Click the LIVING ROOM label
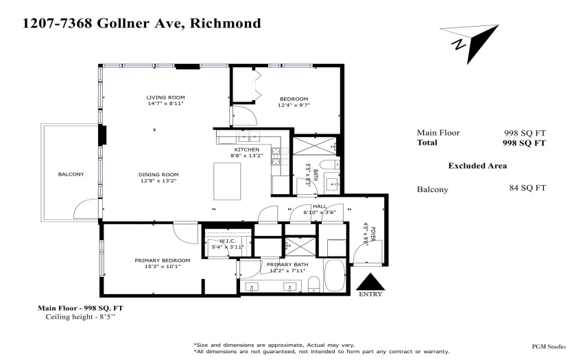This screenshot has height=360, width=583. click(x=165, y=97)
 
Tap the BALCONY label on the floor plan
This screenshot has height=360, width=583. click(x=71, y=174)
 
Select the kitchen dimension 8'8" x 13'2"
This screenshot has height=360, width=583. click(x=247, y=156)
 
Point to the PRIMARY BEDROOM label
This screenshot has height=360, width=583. click(x=163, y=261)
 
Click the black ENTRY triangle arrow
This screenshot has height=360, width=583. click(x=370, y=282)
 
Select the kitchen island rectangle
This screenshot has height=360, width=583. click(x=227, y=181)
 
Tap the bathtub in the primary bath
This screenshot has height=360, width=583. click(x=335, y=275)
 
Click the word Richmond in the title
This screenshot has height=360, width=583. click(x=226, y=23)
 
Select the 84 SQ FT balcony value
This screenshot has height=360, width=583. click(x=527, y=188)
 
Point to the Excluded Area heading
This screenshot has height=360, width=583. click(x=477, y=166)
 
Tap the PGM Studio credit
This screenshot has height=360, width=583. click(x=549, y=346)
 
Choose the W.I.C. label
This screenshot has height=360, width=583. click(x=228, y=241)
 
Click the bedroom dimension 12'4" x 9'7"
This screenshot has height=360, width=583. click(x=294, y=105)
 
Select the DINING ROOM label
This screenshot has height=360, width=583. click(x=158, y=174)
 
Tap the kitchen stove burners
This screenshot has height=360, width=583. click(x=276, y=156)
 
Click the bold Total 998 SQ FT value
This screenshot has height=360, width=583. click(x=524, y=143)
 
